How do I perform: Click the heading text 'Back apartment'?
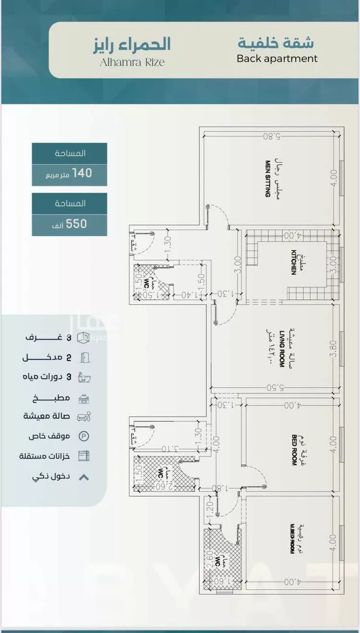pyautogui.click(x=277, y=59)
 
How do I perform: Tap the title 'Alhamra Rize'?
pyautogui.click(x=132, y=62)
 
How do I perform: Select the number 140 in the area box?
pyautogui.click(x=82, y=173)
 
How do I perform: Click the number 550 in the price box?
pyautogui.click(x=77, y=223)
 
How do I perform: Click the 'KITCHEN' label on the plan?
pyautogui.click(x=293, y=262)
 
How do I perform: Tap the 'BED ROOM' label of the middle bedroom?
pyautogui.click(x=294, y=449)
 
